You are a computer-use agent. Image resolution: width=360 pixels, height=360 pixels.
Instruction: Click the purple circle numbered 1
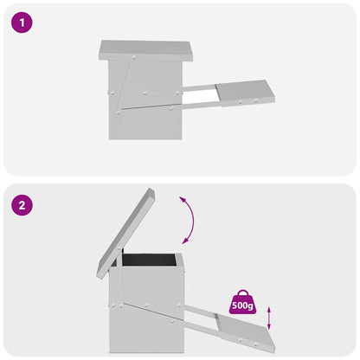(x=22, y=22)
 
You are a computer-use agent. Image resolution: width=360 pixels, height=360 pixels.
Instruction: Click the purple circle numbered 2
(x=22, y=205)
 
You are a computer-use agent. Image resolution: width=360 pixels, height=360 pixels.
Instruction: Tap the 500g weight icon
(x=242, y=302)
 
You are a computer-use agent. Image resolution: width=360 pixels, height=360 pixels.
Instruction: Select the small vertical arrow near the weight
(x=269, y=318)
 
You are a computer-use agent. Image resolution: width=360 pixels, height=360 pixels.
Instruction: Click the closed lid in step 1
(x=145, y=51)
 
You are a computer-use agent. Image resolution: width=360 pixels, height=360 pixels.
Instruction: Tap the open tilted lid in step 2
(x=125, y=233)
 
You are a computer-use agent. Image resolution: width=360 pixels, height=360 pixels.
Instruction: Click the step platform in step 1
(x=245, y=93)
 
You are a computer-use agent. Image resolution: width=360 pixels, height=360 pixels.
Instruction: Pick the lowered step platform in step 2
(x=246, y=331)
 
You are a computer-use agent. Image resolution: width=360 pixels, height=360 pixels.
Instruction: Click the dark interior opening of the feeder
(x=149, y=260)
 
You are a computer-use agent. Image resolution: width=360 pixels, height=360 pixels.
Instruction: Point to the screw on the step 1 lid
(x=133, y=58)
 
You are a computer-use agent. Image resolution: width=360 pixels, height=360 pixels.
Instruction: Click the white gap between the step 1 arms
(x=200, y=97)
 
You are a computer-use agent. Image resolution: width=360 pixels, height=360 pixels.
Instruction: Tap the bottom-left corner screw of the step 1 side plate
(x=118, y=112)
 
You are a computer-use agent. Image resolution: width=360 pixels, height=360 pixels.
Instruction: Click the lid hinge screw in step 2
(x=119, y=248)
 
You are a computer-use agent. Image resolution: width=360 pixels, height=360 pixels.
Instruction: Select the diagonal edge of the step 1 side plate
(x=122, y=84)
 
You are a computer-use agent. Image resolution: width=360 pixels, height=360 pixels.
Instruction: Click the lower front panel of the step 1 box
(x=145, y=124)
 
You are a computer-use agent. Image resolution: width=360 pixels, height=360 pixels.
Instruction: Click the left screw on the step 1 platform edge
(x=240, y=102)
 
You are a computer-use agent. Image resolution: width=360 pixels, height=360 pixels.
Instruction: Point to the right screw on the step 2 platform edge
(x=255, y=344)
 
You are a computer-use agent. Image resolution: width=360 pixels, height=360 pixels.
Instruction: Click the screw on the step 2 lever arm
(x=172, y=320)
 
